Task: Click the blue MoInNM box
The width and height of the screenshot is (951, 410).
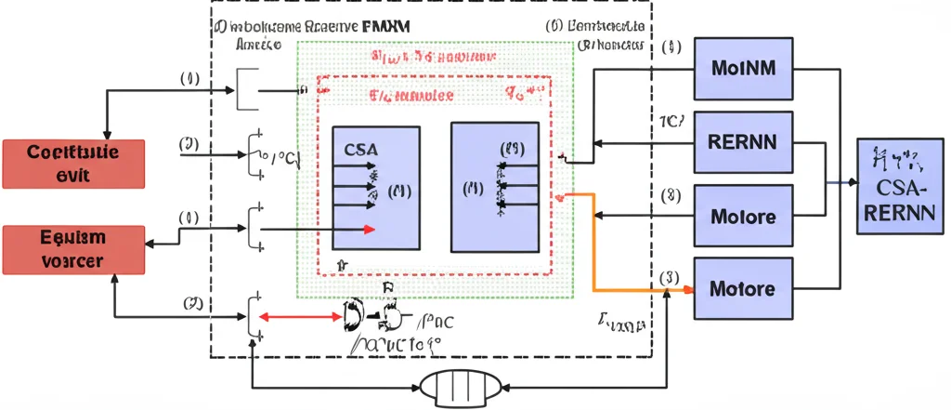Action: pyautogui.click(x=744, y=69)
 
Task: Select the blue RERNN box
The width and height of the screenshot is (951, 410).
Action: pyautogui.click(x=744, y=142)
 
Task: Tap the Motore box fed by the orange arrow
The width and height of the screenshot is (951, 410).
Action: pyautogui.click(x=744, y=289)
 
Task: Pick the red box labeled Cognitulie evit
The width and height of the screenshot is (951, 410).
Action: pyautogui.click(x=73, y=164)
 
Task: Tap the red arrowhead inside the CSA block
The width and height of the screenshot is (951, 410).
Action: pyautogui.click(x=370, y=230)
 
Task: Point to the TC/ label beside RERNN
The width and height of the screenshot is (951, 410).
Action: pyautogui.click(x=671, y=121)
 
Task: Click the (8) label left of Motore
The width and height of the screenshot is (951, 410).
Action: pyautogui.click(x=671, y=195)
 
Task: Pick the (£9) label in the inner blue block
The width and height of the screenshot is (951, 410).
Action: pyautogui.click(x=512, y=149)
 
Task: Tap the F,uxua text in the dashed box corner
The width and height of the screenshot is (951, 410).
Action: pyautogui.click(x=619, y=324)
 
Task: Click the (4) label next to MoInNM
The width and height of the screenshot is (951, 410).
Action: pyautogui.click(x=672, y=47)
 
